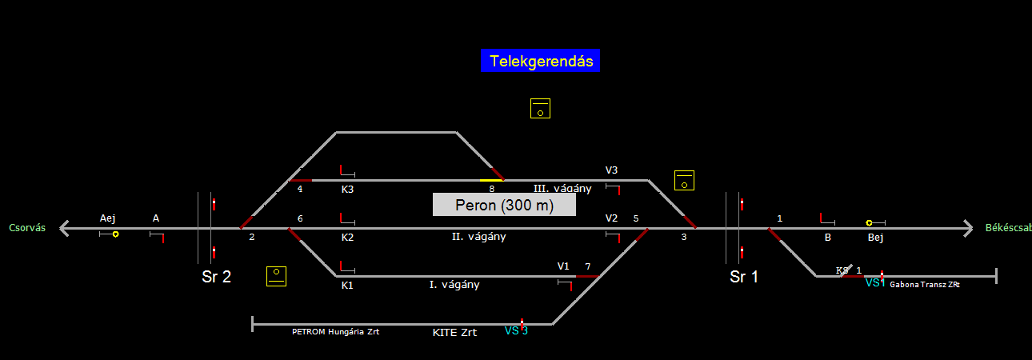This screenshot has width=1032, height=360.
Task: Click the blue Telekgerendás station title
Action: pyautogui.click(x=540, y=61)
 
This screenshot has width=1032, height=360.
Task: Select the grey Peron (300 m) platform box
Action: pyautogui.click(x=504, y=205)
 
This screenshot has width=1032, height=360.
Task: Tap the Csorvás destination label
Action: pyautogui.click(x=27, y=228)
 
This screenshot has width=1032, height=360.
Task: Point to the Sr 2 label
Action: pyautogui.click(x=216, y=278)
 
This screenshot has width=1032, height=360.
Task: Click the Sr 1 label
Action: pyautogui.click(x=744, y=278)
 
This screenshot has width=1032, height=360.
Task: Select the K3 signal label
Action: pyautogui.click(x=347, y=190)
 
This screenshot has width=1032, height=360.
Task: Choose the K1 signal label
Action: pyautogui.click(x=347, y=285)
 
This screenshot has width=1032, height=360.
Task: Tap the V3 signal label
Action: pyautogui.click(x=611, y=170)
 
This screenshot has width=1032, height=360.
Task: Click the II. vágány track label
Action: pyautogui.click(x=478, y=237)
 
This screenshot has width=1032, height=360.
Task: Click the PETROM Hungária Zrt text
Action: pyautogui.click(x=335, y=331)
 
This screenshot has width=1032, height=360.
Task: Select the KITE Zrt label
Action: pyautogui.click(x=454, y=332)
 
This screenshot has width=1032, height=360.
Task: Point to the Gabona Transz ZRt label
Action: pyautogui.click(x=924, y=285)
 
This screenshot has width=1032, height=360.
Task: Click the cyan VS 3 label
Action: pyautogui.click(x=516, y=330)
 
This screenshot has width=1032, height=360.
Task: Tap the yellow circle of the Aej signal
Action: pyautogui.click(x=116, y=234)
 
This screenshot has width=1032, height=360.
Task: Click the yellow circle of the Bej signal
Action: pyautogui.click(x=869, y=223)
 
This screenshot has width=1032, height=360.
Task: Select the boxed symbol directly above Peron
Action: pyautogui.click(x=540, y=109)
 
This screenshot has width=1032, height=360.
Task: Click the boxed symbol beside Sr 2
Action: pyautogui.click(x=276, y=276)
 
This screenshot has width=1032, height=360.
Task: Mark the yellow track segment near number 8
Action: pyautogui.click(x=490, y=180)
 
